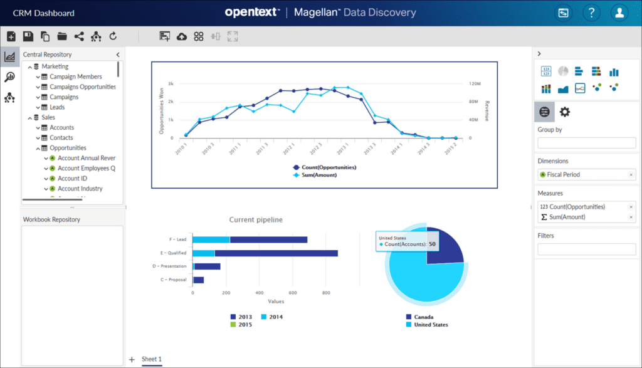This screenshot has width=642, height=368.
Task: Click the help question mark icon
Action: point(591,13)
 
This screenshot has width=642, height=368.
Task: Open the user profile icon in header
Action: point(619,13)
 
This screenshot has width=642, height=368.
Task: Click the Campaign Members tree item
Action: point(75,76)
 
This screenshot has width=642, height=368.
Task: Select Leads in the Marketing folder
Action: point(57,107)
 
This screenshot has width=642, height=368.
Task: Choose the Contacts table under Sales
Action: point(61,137)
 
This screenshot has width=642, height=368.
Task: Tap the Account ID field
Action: point(72,178)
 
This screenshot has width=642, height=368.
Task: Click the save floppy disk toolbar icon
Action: point(28,36)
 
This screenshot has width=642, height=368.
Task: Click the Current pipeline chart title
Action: point(256,219)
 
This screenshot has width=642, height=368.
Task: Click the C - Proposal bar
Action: point(198,280)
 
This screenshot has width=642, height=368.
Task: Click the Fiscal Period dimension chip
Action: point(563,174)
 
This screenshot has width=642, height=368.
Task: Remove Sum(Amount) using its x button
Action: point(631,217)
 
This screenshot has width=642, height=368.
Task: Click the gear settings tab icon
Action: point(564,112)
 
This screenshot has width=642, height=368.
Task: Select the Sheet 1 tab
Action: point(151,359)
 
